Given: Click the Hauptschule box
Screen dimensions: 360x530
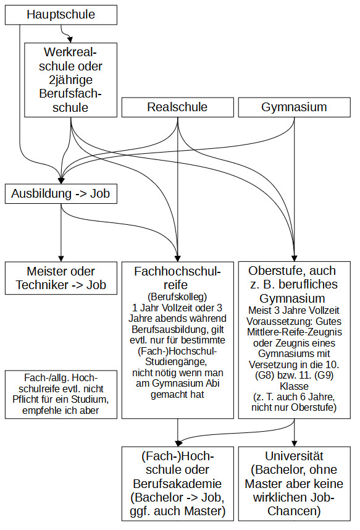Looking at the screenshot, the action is (x=61, y=15).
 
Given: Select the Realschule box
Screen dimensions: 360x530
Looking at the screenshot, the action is (x=177, y=107).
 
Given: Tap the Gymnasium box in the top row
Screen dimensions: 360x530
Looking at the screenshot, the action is (x=294, y=107).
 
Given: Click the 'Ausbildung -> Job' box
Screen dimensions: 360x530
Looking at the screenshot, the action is (x=61, y=194).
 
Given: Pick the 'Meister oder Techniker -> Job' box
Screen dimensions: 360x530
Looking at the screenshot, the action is (x=61, y=278).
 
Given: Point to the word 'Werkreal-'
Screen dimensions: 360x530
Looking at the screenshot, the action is (x=70, y=52).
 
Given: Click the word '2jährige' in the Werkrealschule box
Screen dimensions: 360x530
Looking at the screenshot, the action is (x=70, y=80).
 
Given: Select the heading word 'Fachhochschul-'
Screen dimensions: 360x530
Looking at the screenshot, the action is (x=177, y=271).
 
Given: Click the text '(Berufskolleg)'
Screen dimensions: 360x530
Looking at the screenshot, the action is (x=177, y=297).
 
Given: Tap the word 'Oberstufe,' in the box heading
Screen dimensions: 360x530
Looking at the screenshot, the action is (x=274, y=271).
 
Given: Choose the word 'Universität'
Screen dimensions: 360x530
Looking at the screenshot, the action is (x=294, y=456).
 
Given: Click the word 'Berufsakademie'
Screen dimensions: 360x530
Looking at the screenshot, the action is (x=177, y=484).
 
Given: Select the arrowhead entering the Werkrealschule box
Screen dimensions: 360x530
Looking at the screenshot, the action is (x=70, y=38).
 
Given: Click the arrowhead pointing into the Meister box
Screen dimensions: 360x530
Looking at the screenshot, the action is (x=61, y=259).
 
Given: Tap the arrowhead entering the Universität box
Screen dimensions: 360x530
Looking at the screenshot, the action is (x=294, y=444).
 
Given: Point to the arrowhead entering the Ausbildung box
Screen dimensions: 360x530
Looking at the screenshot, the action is (x=61, y=181).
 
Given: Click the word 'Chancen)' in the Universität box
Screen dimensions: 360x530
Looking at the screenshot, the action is (x=294, y=511).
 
